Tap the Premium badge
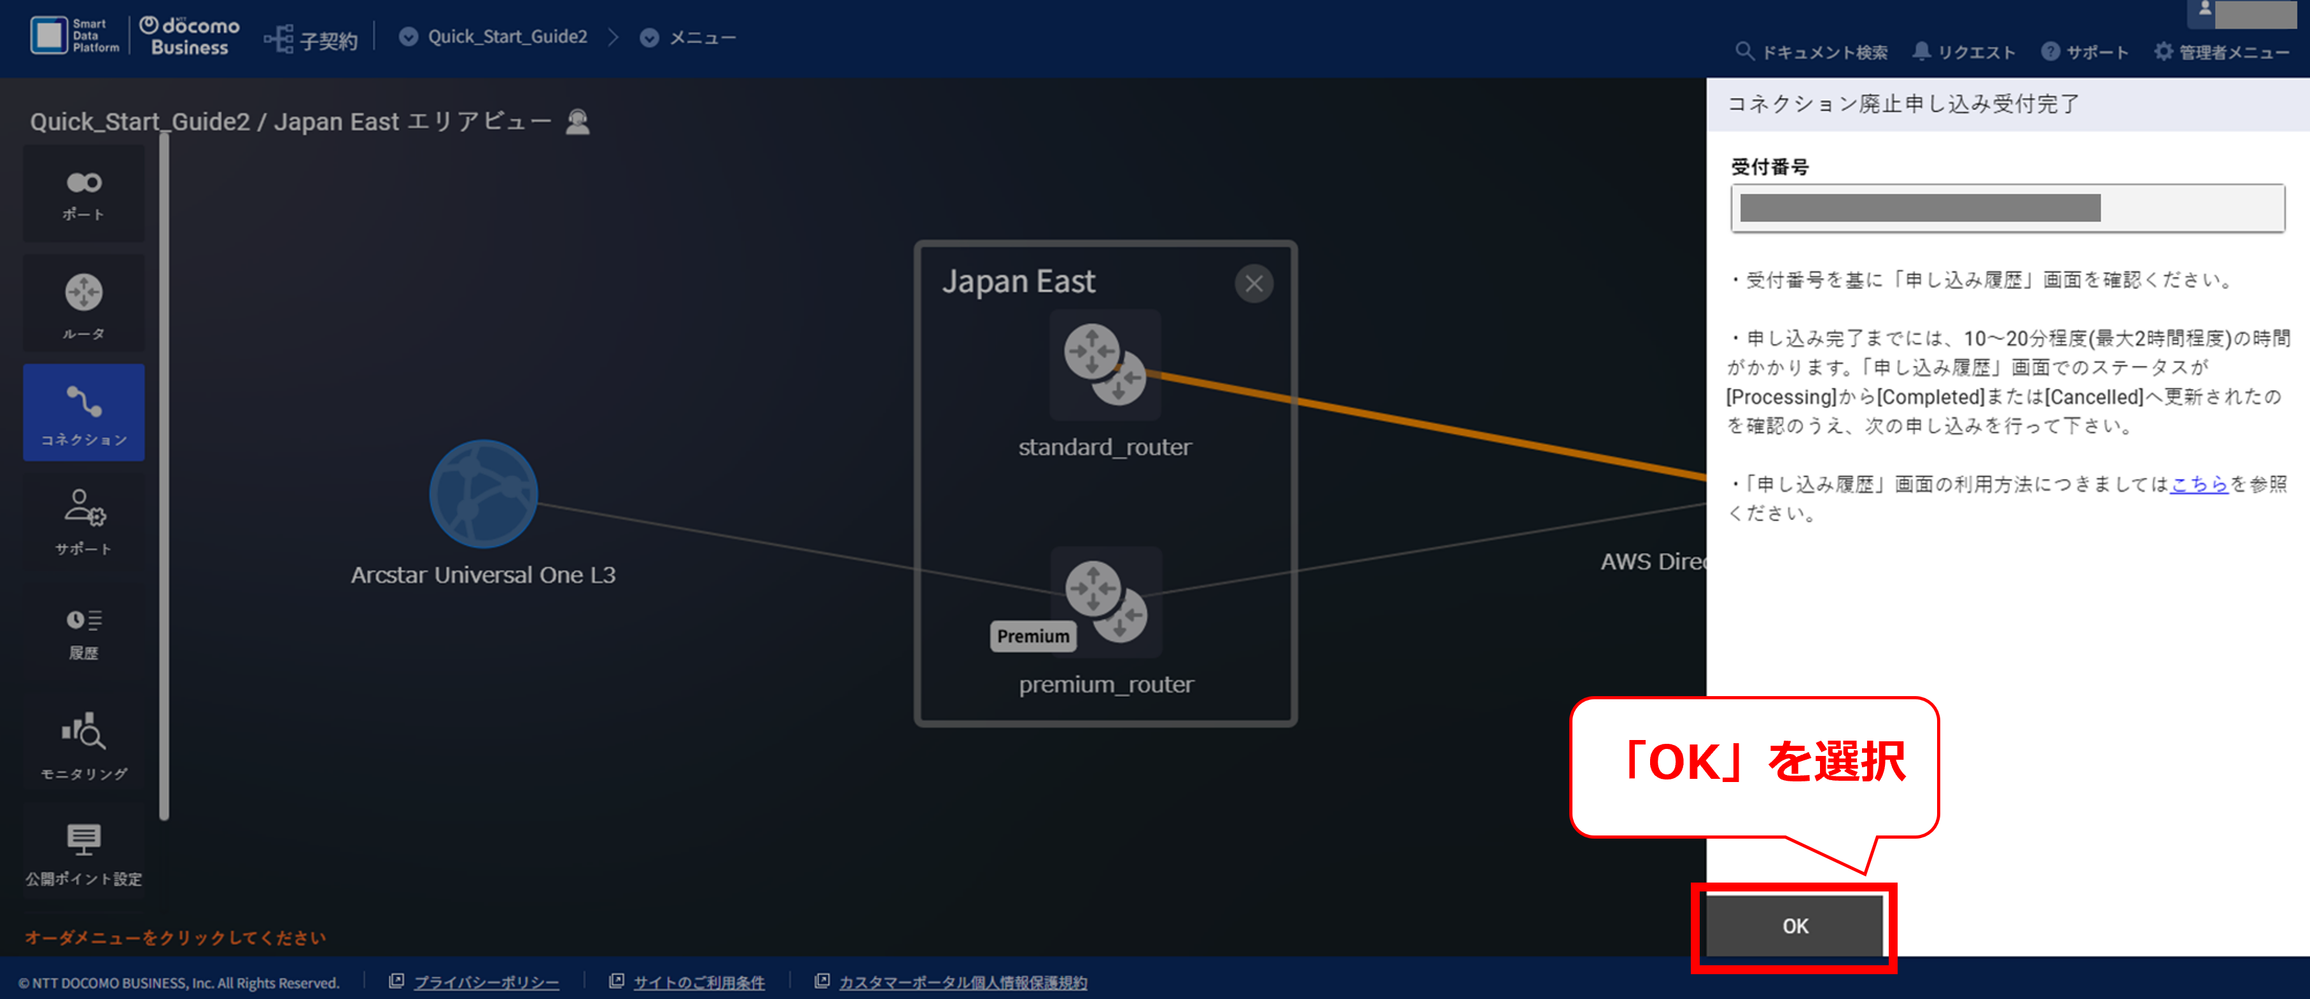(x=1033, y=636)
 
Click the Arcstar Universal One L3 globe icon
(x=484, y=493)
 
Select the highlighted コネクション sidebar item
(x=83, y=412)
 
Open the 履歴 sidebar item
(x=83, y=633)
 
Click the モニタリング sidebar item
(x=83, y=744)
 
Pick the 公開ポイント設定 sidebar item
(x=83, y=852)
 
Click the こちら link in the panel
(x=2199, y=484)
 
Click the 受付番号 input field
(x=2007, y=208)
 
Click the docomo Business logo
(x=189, y=37)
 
